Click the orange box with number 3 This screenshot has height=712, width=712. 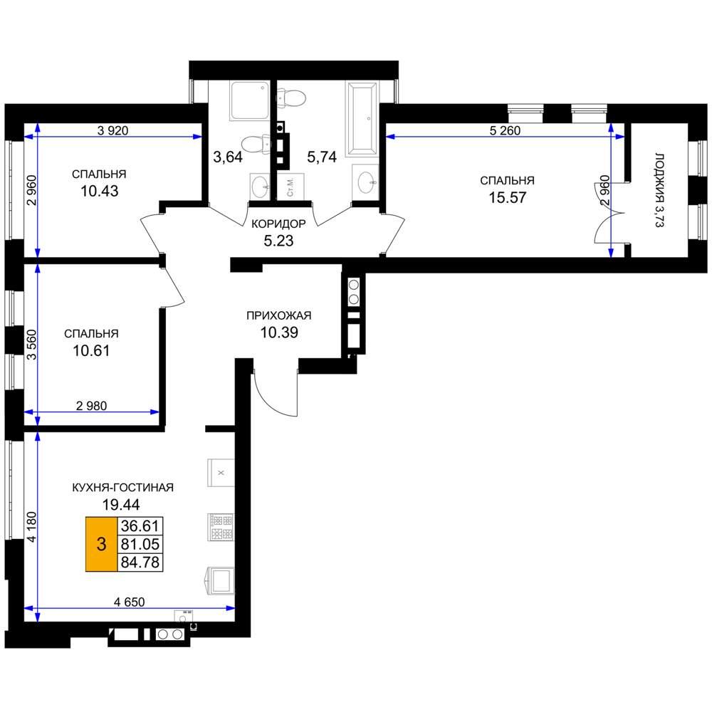click(101, 543)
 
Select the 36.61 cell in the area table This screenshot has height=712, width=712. click(140, 526)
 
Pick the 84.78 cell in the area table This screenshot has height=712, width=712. click(140, 562)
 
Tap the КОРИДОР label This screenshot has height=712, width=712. click(278, 224)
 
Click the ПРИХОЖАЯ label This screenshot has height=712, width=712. click(279, 315)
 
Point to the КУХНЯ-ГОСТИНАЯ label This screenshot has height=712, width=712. click(123, 487)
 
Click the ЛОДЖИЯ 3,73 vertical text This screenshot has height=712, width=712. click(660, 190)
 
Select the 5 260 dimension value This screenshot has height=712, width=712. click(505, 131)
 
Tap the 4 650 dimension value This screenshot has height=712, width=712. click(130, 602)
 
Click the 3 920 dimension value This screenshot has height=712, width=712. click(113, 131)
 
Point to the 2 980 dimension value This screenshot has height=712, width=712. click(92, 406)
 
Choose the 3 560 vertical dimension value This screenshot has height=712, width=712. click(31, 345)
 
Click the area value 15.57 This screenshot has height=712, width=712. click(507, 197)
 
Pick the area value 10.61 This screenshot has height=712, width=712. click(91, 350)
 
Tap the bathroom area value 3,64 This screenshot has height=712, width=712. click(228, 157)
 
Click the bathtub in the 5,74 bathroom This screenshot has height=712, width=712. click(362, 119)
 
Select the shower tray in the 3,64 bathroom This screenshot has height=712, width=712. click(249, 100)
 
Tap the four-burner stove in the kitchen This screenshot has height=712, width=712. click(221, 527)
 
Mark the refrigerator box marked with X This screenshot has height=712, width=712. click(221, 473)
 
